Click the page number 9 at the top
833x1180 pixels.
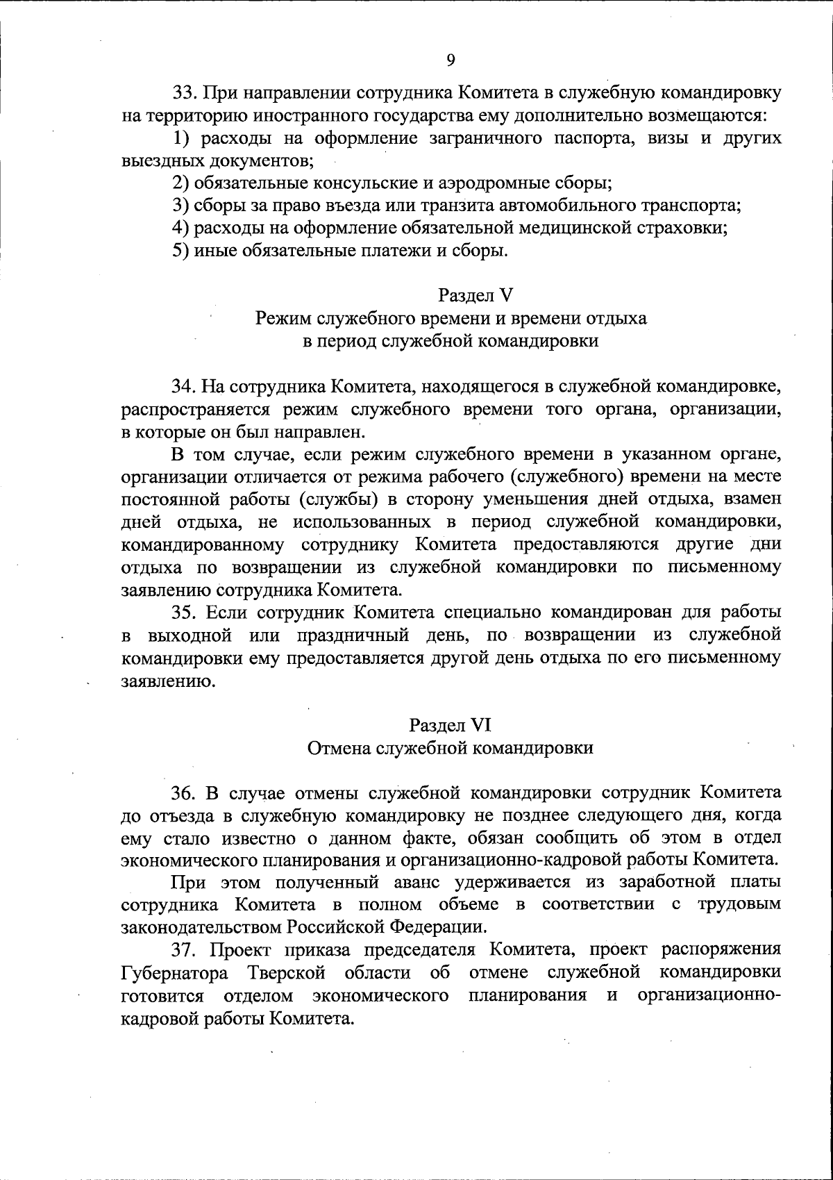451,60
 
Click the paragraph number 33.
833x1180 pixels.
184,93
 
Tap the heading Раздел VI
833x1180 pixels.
450,725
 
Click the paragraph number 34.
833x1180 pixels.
184,385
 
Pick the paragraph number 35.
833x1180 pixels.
184,613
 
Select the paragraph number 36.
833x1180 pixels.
184,792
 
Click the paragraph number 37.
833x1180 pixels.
184,950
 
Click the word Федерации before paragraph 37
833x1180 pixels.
434,927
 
